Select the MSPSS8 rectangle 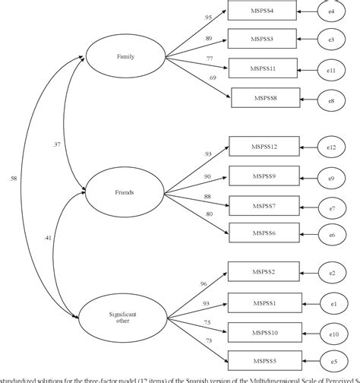266,99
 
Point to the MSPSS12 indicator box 264,148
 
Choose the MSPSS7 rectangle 264,206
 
